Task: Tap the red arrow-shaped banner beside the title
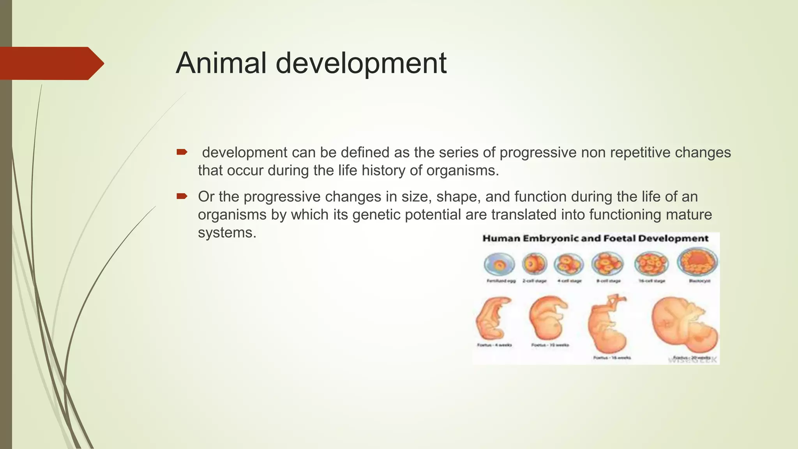click(51, 64)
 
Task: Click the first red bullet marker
click(182, 152)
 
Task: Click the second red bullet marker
click(182, 196)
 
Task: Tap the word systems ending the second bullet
click(226, 233)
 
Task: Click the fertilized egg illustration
click(500, 264)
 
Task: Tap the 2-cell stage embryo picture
click(534, 264)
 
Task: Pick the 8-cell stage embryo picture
click(607, 263)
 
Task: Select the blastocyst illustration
click(697, 262)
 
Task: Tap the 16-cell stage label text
click(651, 281)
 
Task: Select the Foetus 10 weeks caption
click(550, 345)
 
